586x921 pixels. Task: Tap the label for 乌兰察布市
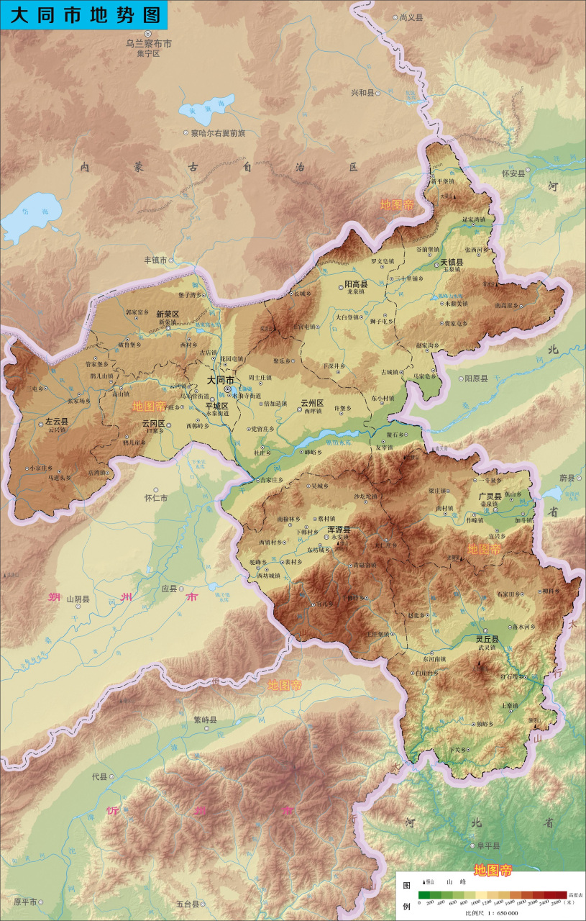click(x=149, y=44)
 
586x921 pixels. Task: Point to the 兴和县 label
click(x=362, y=93)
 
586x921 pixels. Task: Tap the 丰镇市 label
click(x=155, y=260)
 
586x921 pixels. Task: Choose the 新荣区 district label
click(x=168, y=314)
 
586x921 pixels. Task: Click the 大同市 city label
click(x=220, y=380)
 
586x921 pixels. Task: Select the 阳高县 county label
click(x=356, y=285)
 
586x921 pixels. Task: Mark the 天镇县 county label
click(x=452, y=263)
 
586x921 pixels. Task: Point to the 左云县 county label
click(x=57, y=422)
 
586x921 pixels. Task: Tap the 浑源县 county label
click(x=339, y=530)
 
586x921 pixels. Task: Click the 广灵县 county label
click(x=490, y=496)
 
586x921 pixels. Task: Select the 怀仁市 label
click(x=156, y=498)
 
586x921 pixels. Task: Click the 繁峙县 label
click(x=205, y=720)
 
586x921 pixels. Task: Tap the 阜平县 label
click(x=487, y=846)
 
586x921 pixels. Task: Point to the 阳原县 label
click(x=476, y=378)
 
